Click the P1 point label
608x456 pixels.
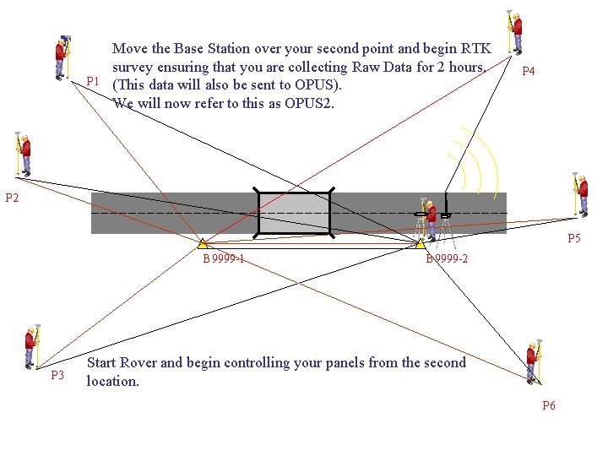pos(94,81)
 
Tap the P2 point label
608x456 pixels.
pos(12,198)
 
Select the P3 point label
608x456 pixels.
pos(57,375)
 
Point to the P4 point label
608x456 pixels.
pos(528,72)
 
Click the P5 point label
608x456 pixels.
pos(573,239)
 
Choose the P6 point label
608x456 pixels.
pos(549,405)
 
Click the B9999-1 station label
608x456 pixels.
pos(224,258)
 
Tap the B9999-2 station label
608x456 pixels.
pos(447,258)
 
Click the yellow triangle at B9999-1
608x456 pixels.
pos(203,244)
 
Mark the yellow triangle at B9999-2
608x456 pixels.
pos(420,244)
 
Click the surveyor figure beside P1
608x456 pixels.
pos(62,57)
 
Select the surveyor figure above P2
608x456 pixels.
pos(24,153)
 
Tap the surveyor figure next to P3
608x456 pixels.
pos(32,346)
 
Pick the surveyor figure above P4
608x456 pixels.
pos(514,32)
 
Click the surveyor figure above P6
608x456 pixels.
pos(533,361)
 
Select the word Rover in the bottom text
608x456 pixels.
pos(138,363)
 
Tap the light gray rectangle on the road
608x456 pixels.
pos(294,214)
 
